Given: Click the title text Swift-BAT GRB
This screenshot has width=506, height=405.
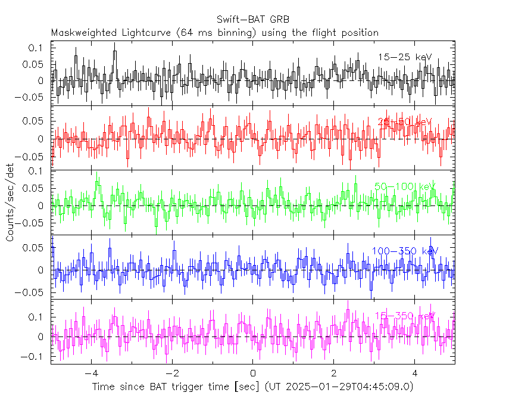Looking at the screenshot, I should click(x=252, y=20).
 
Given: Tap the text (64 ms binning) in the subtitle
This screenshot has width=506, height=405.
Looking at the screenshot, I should click(x=226, y=32).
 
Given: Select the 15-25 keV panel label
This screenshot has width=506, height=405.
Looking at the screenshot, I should click(x=405, y=57).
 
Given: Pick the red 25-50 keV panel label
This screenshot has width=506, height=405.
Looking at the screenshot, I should click(x=405, y=121).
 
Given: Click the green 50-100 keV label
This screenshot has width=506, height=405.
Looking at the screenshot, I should click(x=405, y=186).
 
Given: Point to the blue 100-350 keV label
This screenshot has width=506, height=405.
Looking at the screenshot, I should click(x=405, y=251).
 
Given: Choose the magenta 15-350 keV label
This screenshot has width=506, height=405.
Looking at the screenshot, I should click(x=405, y=316).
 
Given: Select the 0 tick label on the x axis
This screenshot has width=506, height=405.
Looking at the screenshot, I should click(x=253, y=373).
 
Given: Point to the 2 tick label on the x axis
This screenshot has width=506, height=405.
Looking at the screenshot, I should click(x=334, y=373).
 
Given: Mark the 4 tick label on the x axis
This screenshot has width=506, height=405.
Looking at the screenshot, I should click(x=415, y=373).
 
